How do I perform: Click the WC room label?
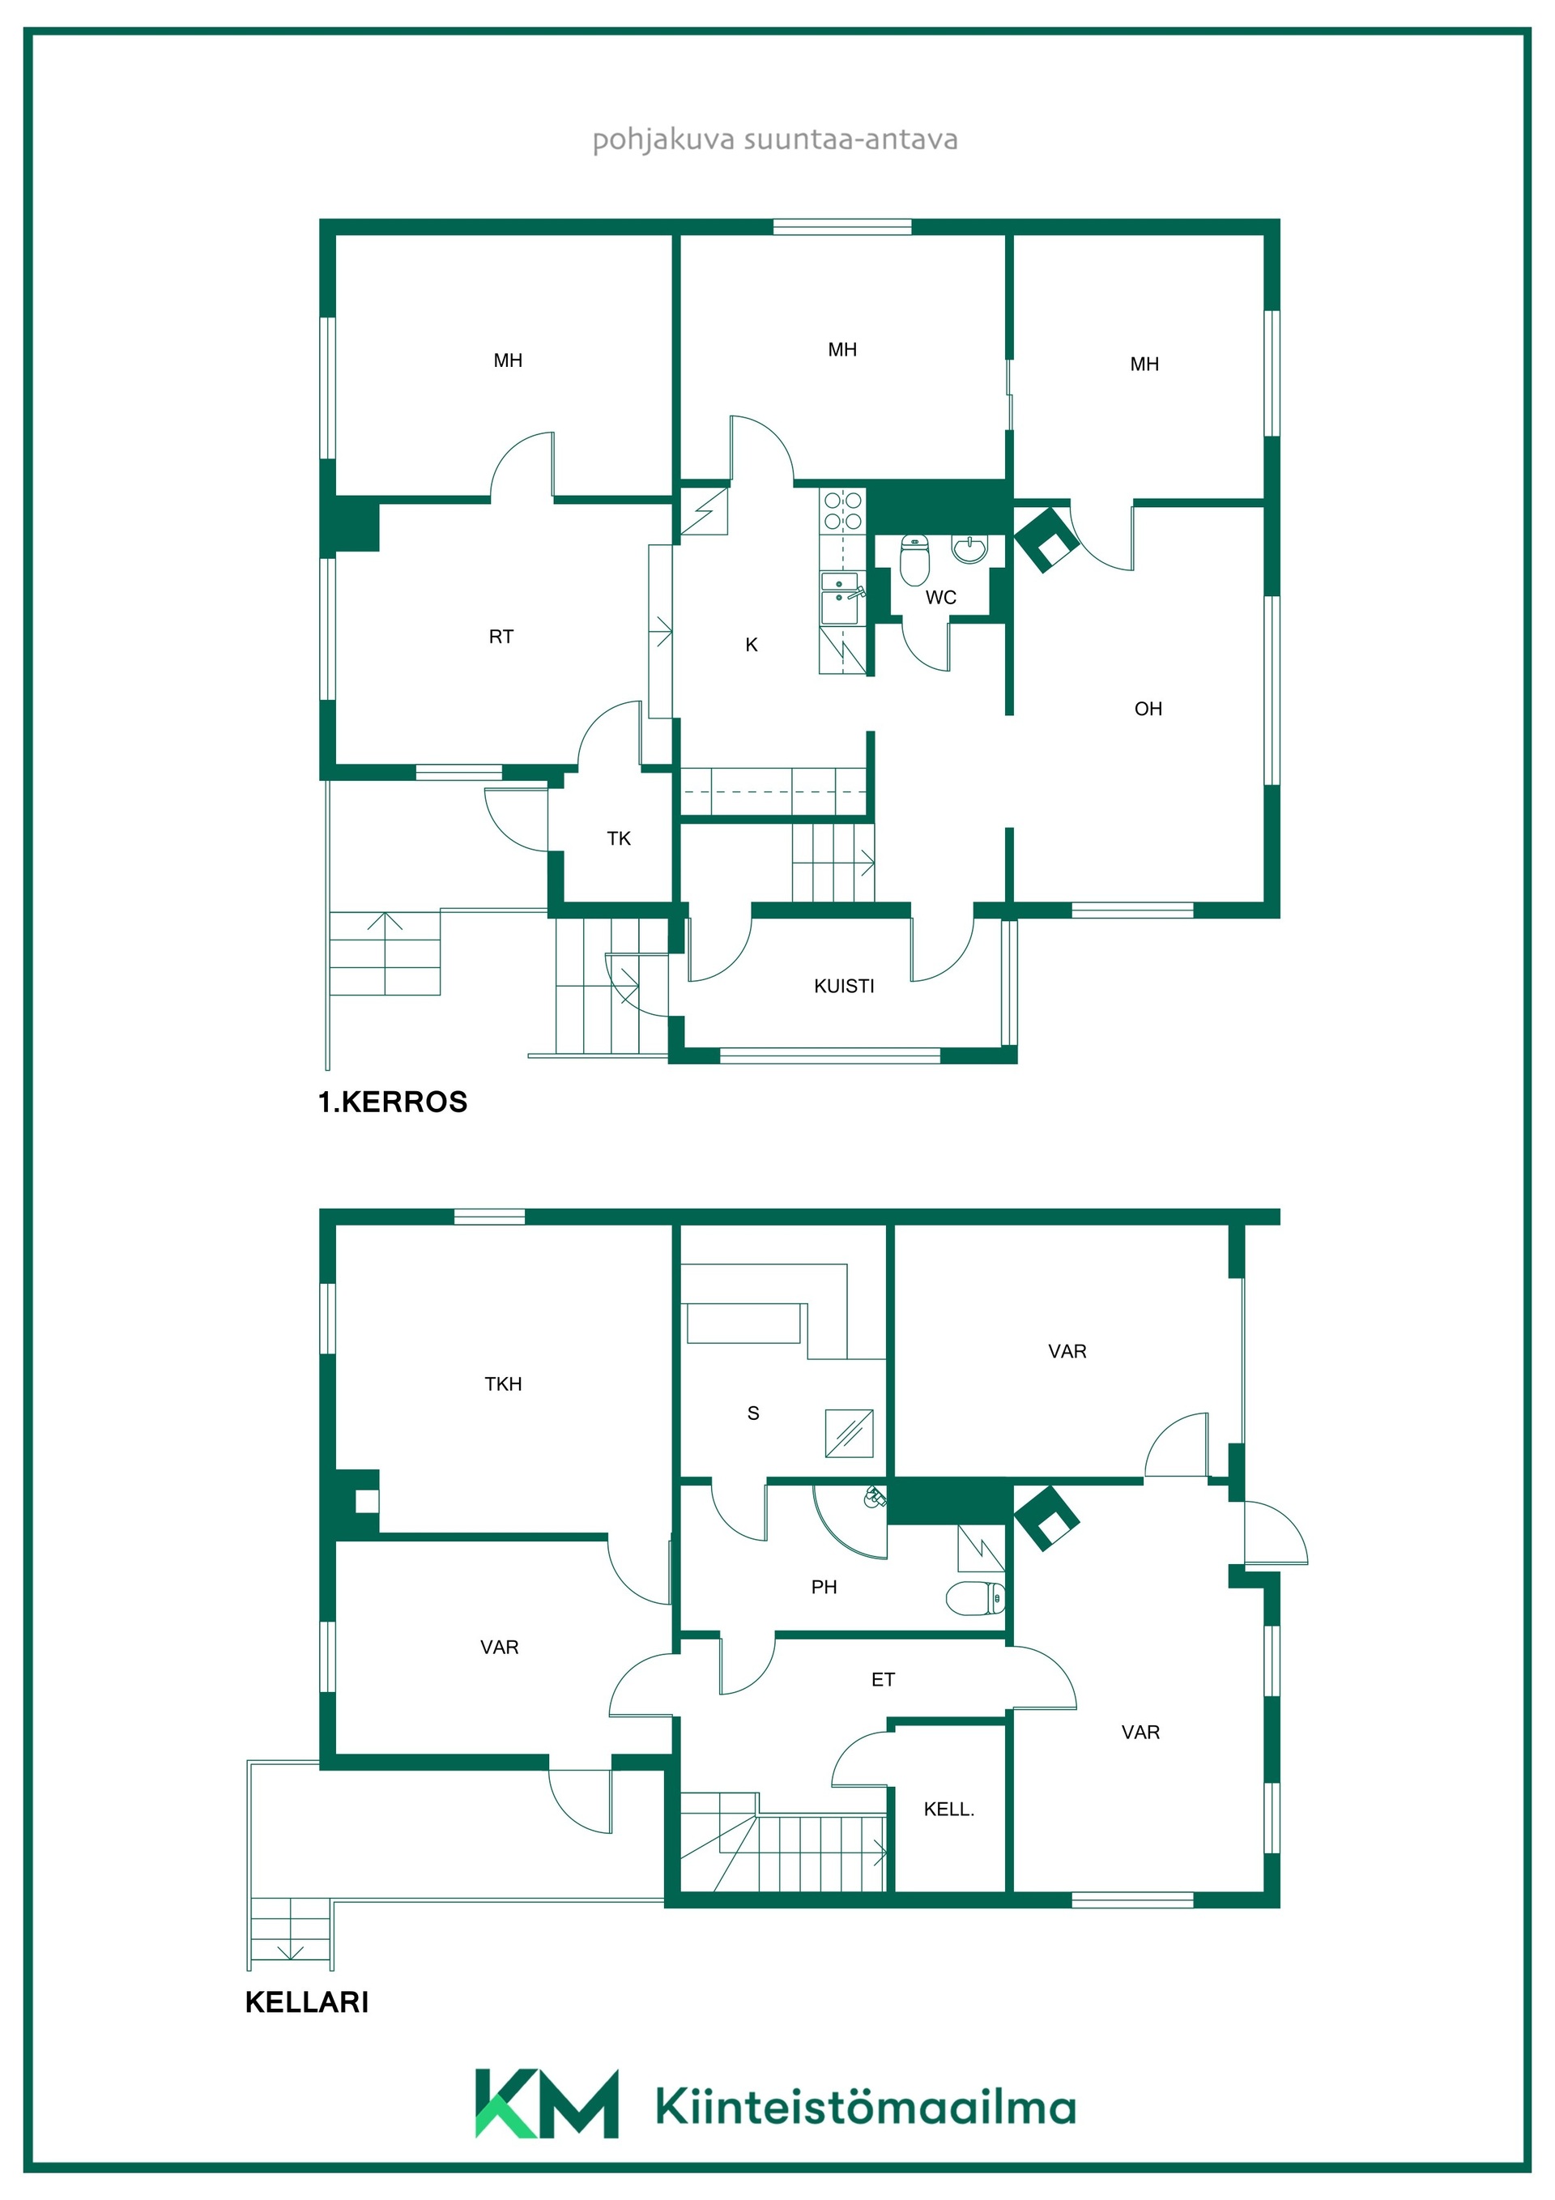tap(940, 597)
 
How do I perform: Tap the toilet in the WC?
tap(915, 560)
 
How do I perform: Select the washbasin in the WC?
tap(969, 550)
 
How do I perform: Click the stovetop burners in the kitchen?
tap(843, 509)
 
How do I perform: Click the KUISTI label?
tap(844, 986)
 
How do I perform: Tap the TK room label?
tap(619, 838)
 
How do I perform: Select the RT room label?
tap(501, 636)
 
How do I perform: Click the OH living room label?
tap(1148, 709)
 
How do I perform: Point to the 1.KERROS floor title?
tap(393, 1102)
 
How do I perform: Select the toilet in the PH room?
tap(975, 1598)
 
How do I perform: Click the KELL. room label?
tap(948, 1809)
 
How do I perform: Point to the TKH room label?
tap(503, 1384)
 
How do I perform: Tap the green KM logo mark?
tap(546, 2104)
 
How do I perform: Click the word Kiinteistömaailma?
tap(866, 2107)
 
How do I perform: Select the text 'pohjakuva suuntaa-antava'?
tap(775, 140)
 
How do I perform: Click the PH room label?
tap(824, 1588)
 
